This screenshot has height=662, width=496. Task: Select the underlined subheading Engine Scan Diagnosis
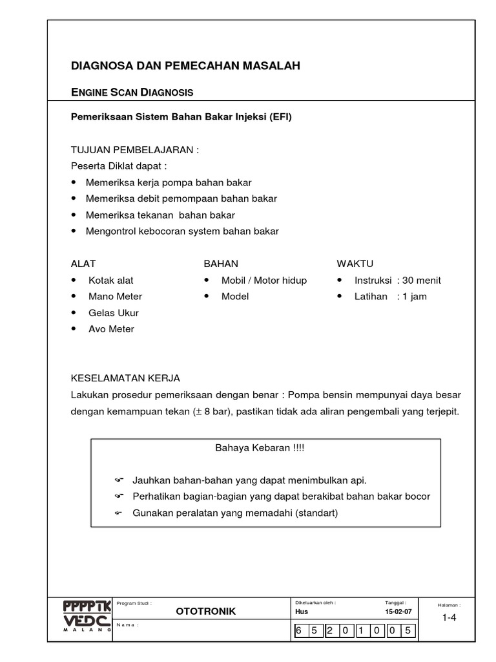[132, 92]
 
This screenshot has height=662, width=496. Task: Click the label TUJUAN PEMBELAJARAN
[134, 150]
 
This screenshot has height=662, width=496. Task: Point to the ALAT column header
[83, 264]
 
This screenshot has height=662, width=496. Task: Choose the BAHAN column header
[221, 264]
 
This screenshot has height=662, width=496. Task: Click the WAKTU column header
[355, 264]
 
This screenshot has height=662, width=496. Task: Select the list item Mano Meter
[115, 297]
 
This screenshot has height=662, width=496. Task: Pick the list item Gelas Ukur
[114, 313]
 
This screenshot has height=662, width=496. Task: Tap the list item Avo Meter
[111, 329]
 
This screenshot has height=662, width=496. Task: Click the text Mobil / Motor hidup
[264, 281]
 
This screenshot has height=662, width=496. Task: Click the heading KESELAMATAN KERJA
[125, 378]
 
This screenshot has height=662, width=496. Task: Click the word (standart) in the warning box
[316, 513]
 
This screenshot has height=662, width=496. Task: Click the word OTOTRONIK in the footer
[206, 612]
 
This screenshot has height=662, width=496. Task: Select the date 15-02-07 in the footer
[398, 612]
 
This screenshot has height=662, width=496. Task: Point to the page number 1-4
[449, 617]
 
